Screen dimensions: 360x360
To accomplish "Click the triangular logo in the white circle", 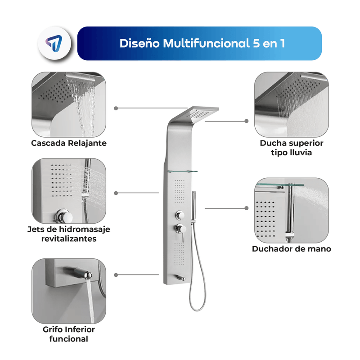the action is click(x=54, y=43).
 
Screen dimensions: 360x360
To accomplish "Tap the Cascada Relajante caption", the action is click(x=69, y=143).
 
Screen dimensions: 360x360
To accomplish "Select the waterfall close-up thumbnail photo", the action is click(x=69, y=104).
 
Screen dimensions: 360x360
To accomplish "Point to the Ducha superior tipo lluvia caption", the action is click(x=291, y=148).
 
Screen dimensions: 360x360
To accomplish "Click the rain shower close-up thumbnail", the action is click(x=291, y=104).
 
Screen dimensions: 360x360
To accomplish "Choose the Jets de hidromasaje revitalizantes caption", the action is click(x=69, y=234).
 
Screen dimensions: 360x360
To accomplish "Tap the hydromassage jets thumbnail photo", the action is click(x=69, y=190).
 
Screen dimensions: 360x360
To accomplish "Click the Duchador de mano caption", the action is click(x=291, y=249).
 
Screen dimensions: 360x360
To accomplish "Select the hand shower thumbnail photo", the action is click(x=291, y=210).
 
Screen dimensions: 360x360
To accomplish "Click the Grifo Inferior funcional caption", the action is click(x=69, y=334).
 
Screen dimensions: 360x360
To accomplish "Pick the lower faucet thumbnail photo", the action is click(x=69, y=291).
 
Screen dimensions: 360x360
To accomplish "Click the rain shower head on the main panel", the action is click(x=202, y=114).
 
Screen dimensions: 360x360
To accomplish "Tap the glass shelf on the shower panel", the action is click(x=183, y=171).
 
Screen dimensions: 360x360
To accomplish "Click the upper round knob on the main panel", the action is click(x=180, y=215).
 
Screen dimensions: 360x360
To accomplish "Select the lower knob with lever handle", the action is click(x=181, y=230).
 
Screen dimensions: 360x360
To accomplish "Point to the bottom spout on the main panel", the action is click(x=180, y=278).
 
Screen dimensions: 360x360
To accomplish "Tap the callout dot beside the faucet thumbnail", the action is click(x=116, y=275).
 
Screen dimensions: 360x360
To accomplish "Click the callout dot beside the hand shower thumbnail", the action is click(x=246, y=208).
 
